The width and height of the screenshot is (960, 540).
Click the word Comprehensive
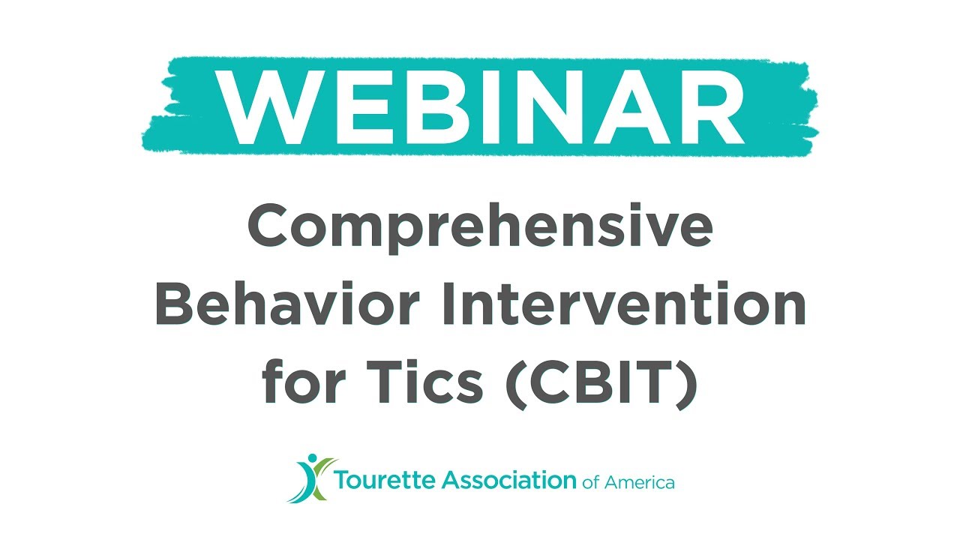pyautogui.click(x=480, y=229)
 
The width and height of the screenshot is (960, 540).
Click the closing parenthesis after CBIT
pyautogui.click(x=685, y=384)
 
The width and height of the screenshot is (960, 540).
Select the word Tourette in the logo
pyautogui.click(x=379, y=481)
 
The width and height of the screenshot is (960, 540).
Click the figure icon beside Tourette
pyautogui.click(x=309, y=478)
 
